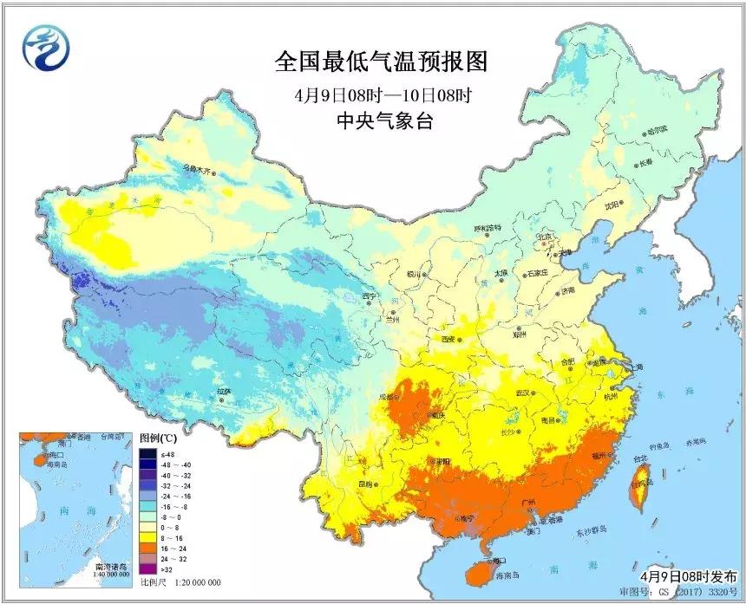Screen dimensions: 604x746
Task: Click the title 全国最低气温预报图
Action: point(381,62)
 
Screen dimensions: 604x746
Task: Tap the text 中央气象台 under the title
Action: point(381,122)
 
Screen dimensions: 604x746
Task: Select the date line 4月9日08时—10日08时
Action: point(381,93)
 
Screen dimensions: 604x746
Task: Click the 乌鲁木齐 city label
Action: point(197,169)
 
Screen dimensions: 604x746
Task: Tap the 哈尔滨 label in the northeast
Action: point(658,130)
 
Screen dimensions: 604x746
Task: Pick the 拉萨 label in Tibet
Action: point(225,392)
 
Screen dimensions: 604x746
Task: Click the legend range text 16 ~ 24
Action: point(170,549)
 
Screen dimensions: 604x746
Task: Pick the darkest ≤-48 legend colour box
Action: point(147,453)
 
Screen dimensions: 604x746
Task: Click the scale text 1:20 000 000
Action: point(195,582)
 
